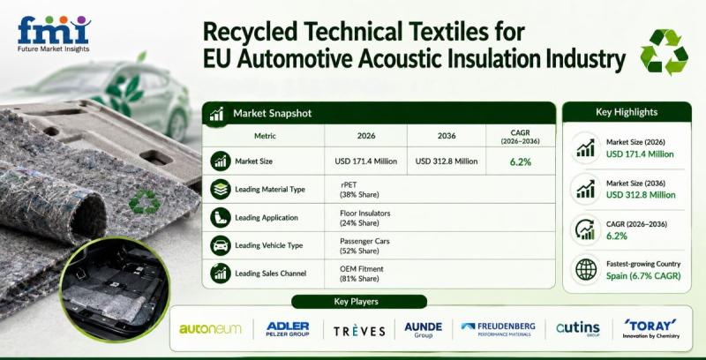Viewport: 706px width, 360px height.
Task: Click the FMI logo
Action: [54, 34]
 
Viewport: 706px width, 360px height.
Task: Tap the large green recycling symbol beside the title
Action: [664, 52]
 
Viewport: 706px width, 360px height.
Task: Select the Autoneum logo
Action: [210, 329]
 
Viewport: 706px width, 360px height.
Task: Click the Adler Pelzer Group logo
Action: [288, 329]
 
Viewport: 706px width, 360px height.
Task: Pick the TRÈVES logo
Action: [359, 331]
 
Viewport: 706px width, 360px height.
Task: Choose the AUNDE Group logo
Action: [424, 329]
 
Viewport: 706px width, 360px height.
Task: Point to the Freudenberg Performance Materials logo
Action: [499, 328]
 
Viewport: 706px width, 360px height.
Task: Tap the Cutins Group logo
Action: [578, 328]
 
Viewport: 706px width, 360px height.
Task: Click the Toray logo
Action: [650, 328]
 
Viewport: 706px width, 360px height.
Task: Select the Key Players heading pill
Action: [359, 302]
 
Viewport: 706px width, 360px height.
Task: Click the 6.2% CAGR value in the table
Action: [521, 161]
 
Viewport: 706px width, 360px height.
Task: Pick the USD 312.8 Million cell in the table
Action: [447, 161]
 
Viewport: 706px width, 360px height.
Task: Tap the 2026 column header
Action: [365, 136]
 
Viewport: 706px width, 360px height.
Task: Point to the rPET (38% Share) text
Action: [359, 190]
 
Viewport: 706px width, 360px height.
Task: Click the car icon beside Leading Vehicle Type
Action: [221, 245]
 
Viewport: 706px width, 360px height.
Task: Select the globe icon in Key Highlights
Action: [586, 269]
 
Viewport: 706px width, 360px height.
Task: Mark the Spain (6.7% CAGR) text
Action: [643, 276]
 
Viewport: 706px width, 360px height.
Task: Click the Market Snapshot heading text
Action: [272, 114]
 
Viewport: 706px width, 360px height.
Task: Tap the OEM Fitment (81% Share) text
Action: [362, 274]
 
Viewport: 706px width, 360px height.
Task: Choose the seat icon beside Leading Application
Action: [221, 218]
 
